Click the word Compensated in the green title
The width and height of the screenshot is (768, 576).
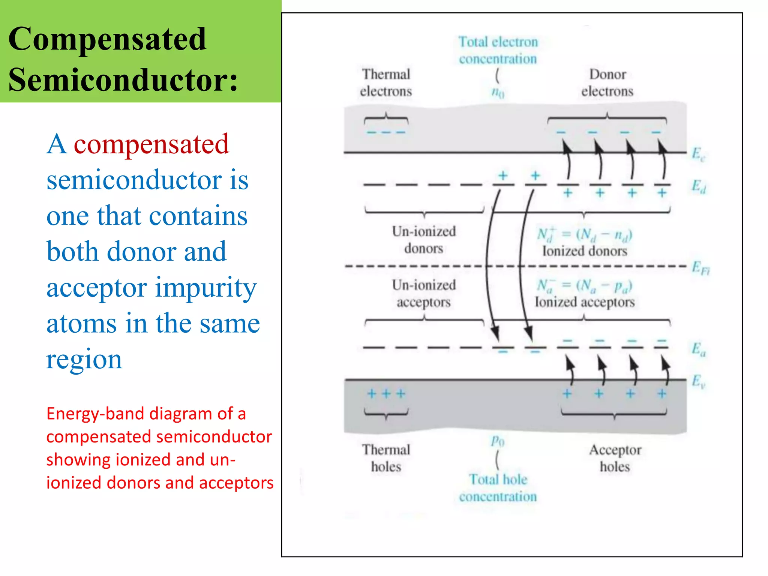tap(107, 39)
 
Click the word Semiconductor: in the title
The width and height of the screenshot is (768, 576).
tap(123, 80)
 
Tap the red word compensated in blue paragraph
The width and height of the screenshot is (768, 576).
tap(151, 144)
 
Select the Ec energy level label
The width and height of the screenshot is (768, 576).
tap(698, 154)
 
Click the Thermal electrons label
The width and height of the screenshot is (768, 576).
tap(386, 83)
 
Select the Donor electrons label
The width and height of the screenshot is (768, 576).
tap(607, 83)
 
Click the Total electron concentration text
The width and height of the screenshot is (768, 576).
tap(498, 50)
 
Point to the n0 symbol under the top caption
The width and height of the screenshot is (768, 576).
tap(498, 92)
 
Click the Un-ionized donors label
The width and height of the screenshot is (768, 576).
tap(424, 240)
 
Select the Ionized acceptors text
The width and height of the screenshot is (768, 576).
tap(584, 302)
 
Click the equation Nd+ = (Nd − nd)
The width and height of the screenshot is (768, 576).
tap(584, 235)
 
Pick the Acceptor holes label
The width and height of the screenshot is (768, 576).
tap(615, 458)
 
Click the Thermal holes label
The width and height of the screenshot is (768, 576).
tap(386, 458)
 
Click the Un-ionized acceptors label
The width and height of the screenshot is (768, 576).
tap(424, 293)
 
